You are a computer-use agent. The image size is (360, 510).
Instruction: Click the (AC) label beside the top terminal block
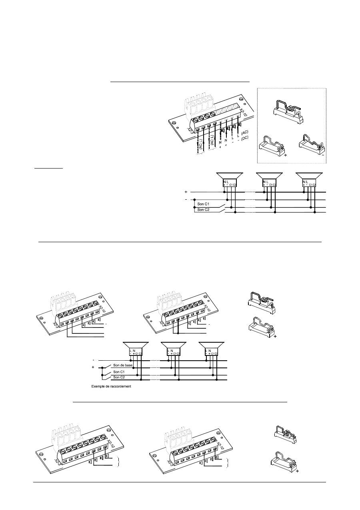(246, 132)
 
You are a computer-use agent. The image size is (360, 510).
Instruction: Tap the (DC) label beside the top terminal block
(245, 138)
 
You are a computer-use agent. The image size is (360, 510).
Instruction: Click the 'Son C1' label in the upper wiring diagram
(204, 204)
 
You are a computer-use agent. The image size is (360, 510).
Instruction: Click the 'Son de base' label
(122, 366)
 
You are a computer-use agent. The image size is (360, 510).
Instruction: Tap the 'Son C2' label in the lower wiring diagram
(118, 377)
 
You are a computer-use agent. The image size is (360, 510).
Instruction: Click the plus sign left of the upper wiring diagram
(186, 192)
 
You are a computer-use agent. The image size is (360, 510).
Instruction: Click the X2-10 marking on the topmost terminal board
(243, 114)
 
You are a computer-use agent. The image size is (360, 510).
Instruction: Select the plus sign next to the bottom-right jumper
(297, 472)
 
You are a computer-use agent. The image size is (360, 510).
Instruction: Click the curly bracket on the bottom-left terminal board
(118, 461)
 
